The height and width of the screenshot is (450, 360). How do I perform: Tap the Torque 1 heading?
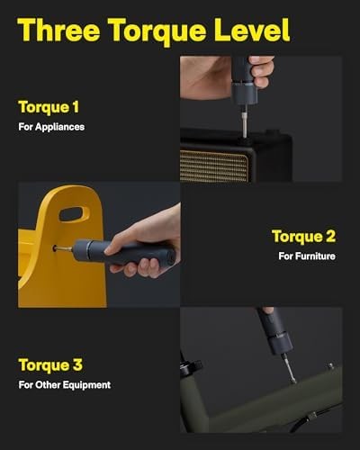point(54,106)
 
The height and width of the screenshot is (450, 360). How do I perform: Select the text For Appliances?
point(51,127)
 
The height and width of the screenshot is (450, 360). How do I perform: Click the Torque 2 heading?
point(303,237)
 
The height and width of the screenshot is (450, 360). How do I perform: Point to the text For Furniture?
point(307,257)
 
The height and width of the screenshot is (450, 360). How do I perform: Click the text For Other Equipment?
point(64,385)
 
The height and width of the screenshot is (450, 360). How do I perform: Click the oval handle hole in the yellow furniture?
point(74,214)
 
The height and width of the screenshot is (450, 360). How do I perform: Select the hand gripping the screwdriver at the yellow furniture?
point(148,238)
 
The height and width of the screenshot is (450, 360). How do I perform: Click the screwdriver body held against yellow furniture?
point(108,253)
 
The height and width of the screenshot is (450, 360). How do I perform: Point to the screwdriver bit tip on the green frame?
point(290,371)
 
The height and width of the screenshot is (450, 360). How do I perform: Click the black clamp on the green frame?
point(190,368)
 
